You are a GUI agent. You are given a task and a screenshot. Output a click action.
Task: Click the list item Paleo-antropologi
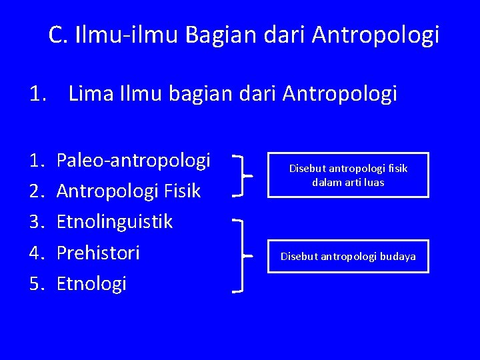click(133, 161)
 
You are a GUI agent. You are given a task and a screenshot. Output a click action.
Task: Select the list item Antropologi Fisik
click(129, 191)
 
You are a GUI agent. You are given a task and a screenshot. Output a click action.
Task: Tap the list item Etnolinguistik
click(115, 222)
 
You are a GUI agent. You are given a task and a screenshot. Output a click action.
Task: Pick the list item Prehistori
click(98, 253)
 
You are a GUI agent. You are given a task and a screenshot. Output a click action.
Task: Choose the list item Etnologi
click(91, 284)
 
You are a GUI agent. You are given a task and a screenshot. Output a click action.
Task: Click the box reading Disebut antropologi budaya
click(348, 256)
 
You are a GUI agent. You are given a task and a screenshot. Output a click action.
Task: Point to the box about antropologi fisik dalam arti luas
click(348, 175)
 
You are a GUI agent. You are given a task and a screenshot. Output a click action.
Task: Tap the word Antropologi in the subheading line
click(340, 94)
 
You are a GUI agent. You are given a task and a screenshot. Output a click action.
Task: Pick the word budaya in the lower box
click(397, 257)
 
